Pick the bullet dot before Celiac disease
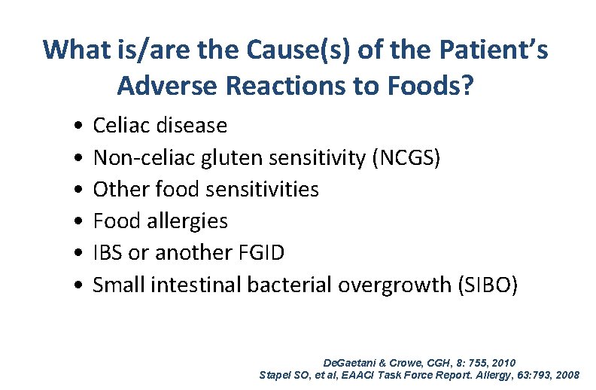pos(79,124)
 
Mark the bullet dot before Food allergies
pos(79,221)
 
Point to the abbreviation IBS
pos(107,253)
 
